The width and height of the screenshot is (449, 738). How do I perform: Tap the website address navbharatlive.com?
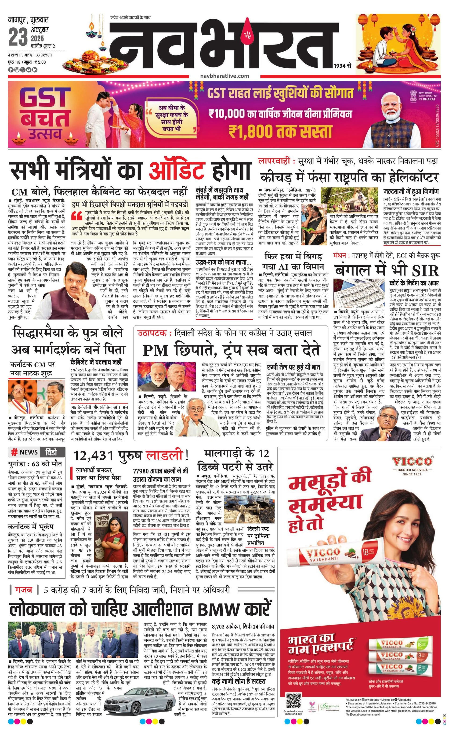[x=224, y=76]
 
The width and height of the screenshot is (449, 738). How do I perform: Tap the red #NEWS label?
[x=25, y=452]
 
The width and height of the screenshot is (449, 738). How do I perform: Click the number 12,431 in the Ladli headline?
[x=93, y=455]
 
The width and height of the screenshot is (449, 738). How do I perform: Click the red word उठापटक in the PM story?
[x=152, y=333]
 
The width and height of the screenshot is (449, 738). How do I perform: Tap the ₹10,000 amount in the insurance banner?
[x=226, y=114]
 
